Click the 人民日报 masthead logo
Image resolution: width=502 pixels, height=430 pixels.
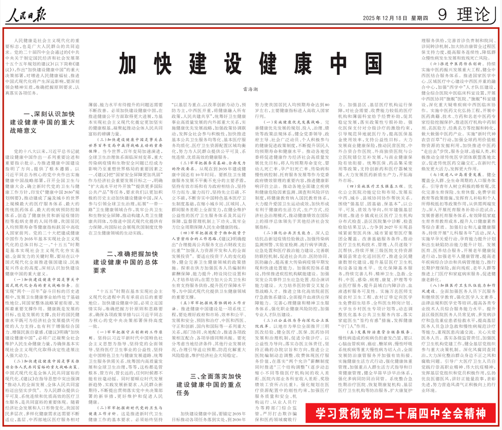27,15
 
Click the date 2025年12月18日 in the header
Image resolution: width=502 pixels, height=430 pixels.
385,18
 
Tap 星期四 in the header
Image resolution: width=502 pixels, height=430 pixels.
419,18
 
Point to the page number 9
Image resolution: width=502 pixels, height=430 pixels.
442,14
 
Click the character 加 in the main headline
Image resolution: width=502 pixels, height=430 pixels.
127,64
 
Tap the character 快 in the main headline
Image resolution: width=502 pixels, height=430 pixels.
163,64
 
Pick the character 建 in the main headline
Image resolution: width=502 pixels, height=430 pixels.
198,64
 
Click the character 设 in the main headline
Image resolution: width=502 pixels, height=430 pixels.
233,64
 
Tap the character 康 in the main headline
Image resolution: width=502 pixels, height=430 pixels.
303,64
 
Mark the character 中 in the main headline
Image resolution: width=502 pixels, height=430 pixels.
338,64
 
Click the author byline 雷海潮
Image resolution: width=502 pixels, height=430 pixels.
250,89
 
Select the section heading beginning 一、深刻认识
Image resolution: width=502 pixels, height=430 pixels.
42,122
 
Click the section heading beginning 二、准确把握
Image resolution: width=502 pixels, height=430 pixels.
125,262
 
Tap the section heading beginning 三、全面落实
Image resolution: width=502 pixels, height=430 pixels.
209,384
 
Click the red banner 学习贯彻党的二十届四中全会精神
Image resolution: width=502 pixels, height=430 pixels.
401,413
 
